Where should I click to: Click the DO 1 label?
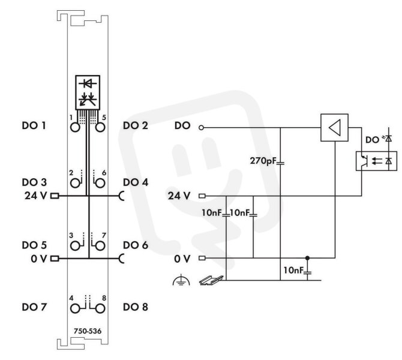(34, 125)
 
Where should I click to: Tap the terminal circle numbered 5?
(100, 127)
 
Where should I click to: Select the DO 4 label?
(136, 182)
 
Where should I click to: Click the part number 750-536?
(88, 331)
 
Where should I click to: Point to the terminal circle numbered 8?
(100, 308)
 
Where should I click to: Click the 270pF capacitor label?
(263, 161)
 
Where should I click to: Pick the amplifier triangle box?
(335, 128)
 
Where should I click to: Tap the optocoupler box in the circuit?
(376, 161)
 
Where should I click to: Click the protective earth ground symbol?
(181, 280)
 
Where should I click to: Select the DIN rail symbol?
(211, 280)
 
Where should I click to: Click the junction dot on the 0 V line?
(307, 257)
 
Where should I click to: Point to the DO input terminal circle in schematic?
(202, 128)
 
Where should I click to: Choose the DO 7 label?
(34, 307)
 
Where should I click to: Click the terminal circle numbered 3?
(75, 246)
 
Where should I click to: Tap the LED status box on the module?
(88, 92)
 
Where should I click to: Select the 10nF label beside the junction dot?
(293, 270)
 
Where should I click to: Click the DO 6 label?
(136, 245)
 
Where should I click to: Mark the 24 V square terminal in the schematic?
(202, 196)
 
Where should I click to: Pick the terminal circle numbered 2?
(75, 184)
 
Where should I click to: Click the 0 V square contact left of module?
(55, 259)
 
